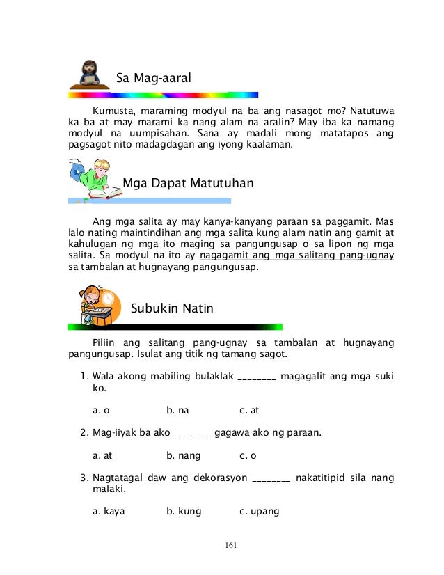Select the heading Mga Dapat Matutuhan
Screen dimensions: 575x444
pyautogui.click(x=187, y=184)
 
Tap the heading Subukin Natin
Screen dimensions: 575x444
pyautogui.click(x=172, y=308)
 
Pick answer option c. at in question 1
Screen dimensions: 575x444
pyautogui.click(x=249, y=410)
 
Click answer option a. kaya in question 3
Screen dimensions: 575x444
pyautogui.click(x=108, y=511)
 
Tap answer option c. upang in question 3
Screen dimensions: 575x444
pyautogui.click(x=259, y=511)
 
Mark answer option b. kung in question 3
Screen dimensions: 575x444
pyautogui.click(x=184, y=511)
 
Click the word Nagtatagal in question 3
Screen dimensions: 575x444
pyautogui.click(x=118, y=478)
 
